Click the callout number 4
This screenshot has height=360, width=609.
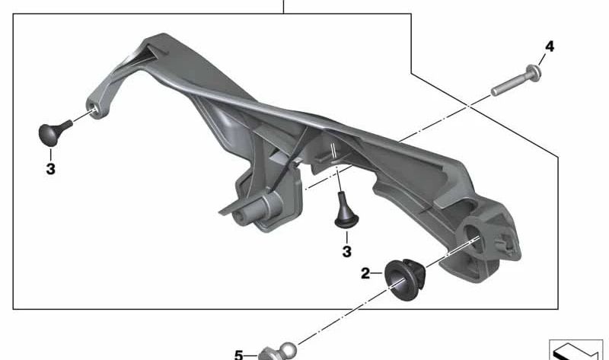click(x=549, y=46)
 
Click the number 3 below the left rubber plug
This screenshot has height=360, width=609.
click(x=50, y=169)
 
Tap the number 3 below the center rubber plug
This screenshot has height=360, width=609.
click(x=347, y=252)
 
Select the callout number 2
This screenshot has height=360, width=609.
click(x=365, y=273)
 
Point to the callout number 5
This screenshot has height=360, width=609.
click(x=239, y=355)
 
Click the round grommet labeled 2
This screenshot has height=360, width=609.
click(x=405, y=279)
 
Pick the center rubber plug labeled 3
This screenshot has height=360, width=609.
click(x=346, y=212)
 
